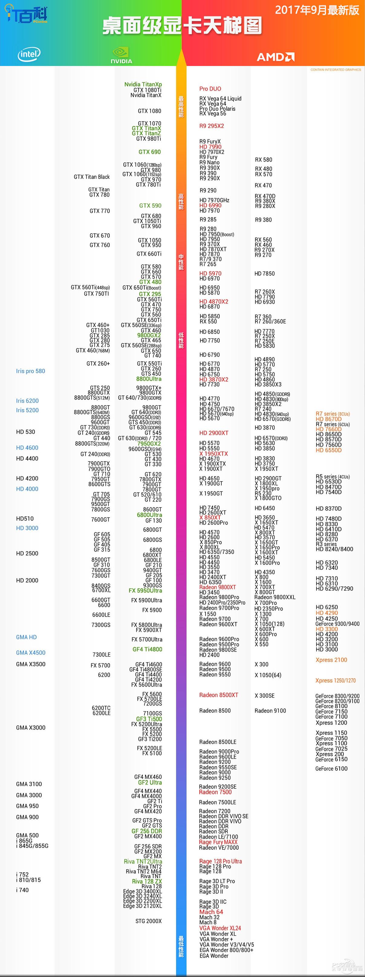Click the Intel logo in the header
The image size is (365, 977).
pos(29,54)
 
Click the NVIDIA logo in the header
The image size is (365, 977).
pos(121,55)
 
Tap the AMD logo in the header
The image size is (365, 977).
pos(275,57)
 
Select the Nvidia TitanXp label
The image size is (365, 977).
pos(143,84)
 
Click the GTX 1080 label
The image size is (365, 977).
pos(149,111)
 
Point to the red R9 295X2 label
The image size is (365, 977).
pos(211,126)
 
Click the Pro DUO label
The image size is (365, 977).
pos(210,89)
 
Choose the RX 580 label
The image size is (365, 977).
pos(263,160)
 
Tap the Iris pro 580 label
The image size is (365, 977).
pos(30,371)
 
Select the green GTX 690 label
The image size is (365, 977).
pos(149,152)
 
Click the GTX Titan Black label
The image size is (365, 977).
pos(91,177)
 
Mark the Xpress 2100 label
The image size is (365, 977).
pos(331,660)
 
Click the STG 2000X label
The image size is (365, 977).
pos(148,921)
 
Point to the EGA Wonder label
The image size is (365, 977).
pos(214,956)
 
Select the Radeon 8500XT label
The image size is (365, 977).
pos(219,695)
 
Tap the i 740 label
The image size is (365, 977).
pos(22,890)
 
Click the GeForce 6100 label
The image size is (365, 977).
pos(331,768)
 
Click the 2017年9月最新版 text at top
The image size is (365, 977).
pos(317,10)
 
